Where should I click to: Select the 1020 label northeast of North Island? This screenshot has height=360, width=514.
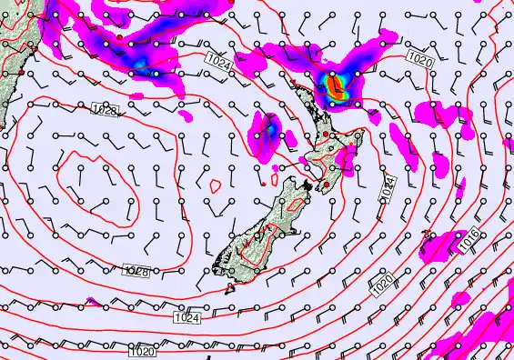tap(420, 60)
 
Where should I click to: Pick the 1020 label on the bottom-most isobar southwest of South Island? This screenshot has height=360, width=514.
tap(141, 351)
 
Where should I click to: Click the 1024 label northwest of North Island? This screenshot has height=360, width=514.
tap(217, 62)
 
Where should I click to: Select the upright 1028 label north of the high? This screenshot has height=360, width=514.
tap(106, 109)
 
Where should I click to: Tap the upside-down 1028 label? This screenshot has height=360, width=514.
tap(135, 271)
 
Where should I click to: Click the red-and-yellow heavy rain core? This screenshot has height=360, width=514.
tap(338, 87)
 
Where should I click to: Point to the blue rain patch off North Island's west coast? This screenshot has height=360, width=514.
tap(270, 131)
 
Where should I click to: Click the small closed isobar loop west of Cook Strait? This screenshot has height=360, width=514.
tap(216, 185)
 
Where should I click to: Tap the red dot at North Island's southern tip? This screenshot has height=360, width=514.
tap(325, 185)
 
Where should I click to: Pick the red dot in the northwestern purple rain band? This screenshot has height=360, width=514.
tap(119, 36)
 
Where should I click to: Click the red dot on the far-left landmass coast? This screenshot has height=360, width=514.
tap(21, 72)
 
